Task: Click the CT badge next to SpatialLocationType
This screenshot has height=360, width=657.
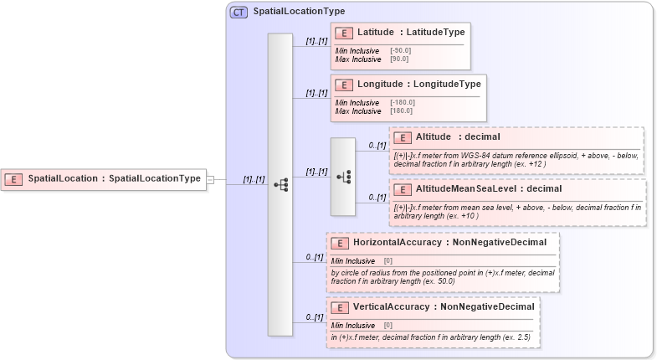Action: coord(239,13)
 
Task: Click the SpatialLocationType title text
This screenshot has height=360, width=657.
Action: coord(299,13)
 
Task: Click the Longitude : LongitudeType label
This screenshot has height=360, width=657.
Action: coord(418,85)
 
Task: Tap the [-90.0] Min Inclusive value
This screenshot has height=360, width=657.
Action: coord(400,50)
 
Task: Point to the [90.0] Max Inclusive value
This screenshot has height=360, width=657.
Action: coord(398,59)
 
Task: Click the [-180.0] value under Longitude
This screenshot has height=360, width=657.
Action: coord(403,102)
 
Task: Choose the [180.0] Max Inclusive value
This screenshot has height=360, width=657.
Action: coord(401,111)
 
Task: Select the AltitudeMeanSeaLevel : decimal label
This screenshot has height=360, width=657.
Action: coord(477,188)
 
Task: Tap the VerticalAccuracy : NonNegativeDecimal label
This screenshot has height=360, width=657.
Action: coord(443,306)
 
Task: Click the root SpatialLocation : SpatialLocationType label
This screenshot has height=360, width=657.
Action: coord(114,178)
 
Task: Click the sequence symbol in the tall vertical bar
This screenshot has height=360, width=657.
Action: coord(280,183)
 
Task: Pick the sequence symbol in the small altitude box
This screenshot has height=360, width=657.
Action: coord(343,177)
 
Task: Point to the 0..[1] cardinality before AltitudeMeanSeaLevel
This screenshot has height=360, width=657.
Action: coord(377,197)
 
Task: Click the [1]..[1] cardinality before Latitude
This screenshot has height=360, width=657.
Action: coord(316,40)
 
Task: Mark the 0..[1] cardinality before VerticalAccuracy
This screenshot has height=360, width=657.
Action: coord(315,317)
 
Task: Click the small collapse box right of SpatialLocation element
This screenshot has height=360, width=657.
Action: coord(211,178)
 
